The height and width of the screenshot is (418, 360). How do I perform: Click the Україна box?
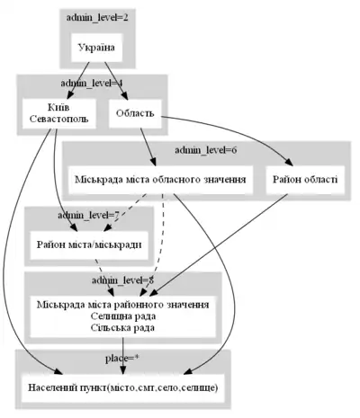click(96, 48)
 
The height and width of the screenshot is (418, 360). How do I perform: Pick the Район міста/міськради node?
click(88, 244)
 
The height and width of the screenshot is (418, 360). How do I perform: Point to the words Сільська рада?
click(123, 327)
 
